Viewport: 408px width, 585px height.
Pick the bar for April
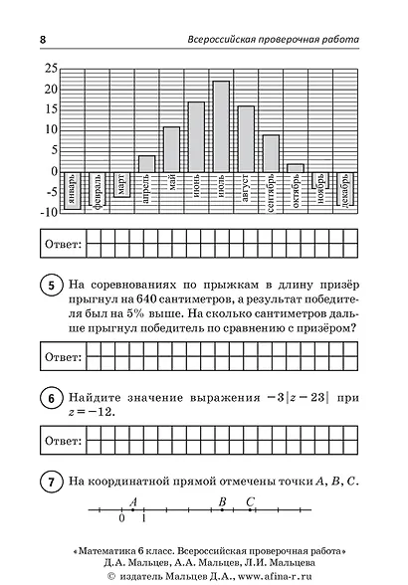[146, 163]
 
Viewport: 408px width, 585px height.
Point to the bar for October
[296, 167]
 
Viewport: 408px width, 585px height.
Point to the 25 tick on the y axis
[50, 69]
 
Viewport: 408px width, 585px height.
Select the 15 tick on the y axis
[50, 109]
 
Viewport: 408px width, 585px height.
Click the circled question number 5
[48, 285]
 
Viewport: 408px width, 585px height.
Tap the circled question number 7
[48, 483]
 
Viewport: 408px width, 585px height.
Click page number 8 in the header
[43, 39]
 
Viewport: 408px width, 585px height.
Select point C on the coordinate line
[250, 510]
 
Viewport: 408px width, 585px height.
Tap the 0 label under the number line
[121, 519]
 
